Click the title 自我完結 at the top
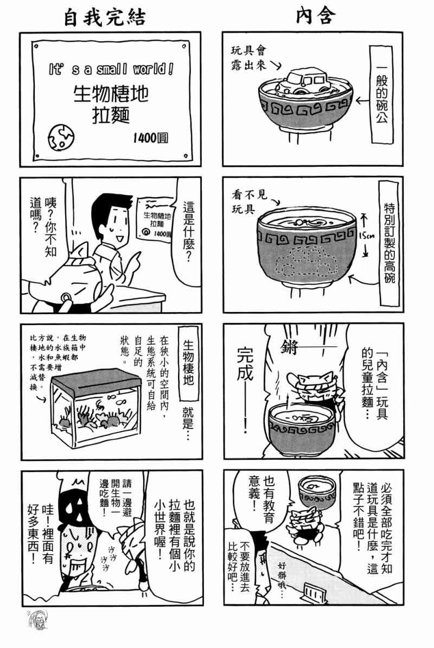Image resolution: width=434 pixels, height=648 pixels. coord(105,18)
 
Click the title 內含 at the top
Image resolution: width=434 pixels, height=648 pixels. coord(316,16)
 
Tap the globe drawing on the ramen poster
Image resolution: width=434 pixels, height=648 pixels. coord(61,136)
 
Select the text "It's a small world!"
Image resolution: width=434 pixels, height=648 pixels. coord(111,69)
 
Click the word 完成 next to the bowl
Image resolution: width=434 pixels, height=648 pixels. coord(246,364)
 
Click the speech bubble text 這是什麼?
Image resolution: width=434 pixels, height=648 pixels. coord(188,232)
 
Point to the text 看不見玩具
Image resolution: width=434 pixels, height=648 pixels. coord(250,201)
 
